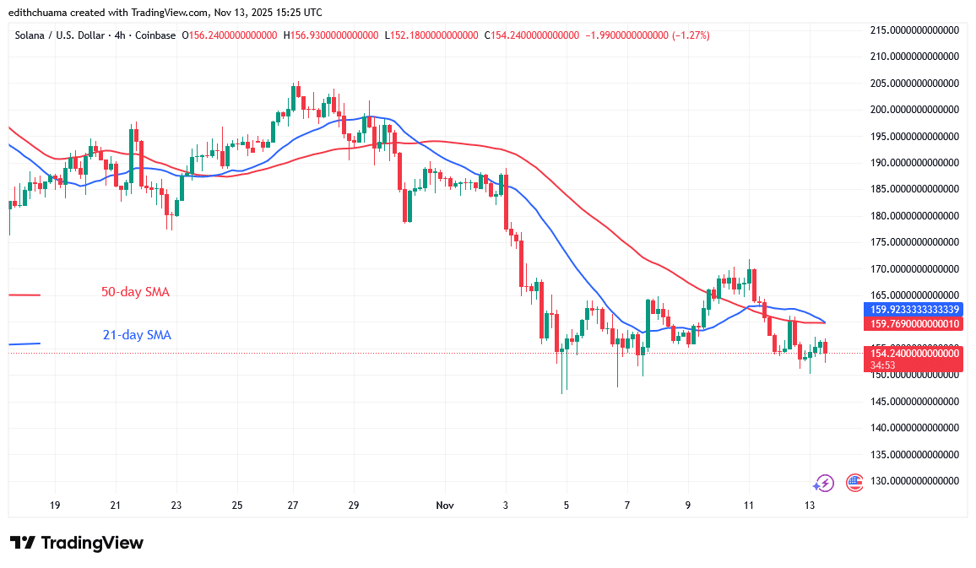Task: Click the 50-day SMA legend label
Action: pos(135,292)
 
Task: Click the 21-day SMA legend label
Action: pos(137,335)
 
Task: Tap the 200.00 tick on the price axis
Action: pos(915,110)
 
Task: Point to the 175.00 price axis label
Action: pos(915,242)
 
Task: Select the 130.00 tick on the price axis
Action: pos(915,481)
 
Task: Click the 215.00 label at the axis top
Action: pos(915,30)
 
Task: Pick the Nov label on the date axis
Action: pos(445,506)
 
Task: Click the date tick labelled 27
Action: pos(293,506)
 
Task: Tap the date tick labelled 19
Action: pos(55,506)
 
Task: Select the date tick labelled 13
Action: pos(810,506)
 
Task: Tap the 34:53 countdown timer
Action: pos(883,365)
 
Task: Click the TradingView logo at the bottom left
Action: pos(76,543)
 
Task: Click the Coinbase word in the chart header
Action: pos(156,35)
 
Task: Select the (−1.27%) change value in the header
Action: pos(691,35)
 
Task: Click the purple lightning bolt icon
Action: pos(823,483)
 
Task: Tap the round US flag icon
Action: pos(854,483)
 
